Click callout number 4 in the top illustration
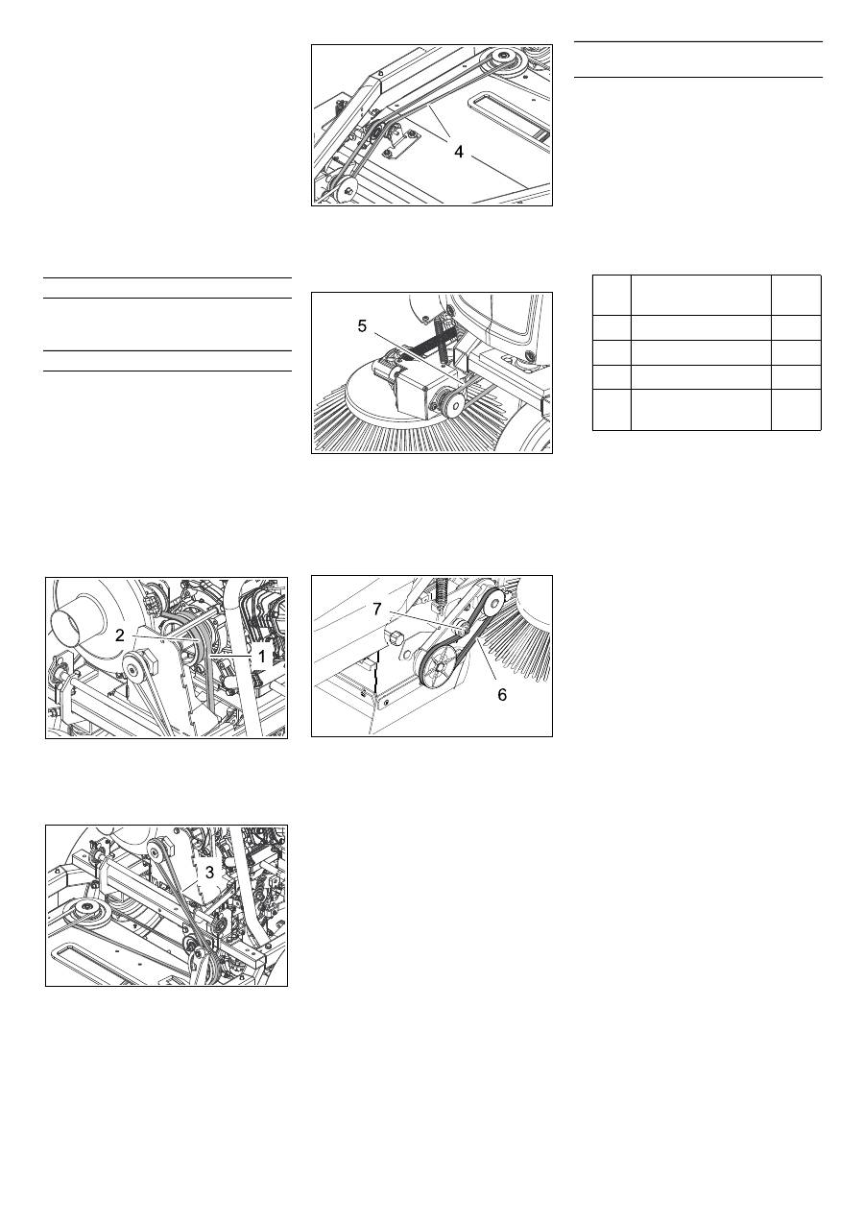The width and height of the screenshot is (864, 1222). (459, 152)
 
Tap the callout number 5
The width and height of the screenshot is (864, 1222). (362, 326)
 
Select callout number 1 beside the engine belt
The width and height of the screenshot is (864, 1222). (262, 657)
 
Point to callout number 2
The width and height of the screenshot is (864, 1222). (120, 635)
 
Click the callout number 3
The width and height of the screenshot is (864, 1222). (209, 873)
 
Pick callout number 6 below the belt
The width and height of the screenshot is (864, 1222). (502, 694)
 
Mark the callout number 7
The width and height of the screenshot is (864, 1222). (377, 610)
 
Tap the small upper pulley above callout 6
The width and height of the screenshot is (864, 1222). (494, 601)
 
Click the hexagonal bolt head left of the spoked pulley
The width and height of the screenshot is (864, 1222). (394, 636)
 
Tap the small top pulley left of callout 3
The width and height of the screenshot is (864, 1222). (157, 852)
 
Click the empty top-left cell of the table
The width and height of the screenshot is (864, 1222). (612, 295)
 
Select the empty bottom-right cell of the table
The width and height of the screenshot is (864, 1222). (796, 410)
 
